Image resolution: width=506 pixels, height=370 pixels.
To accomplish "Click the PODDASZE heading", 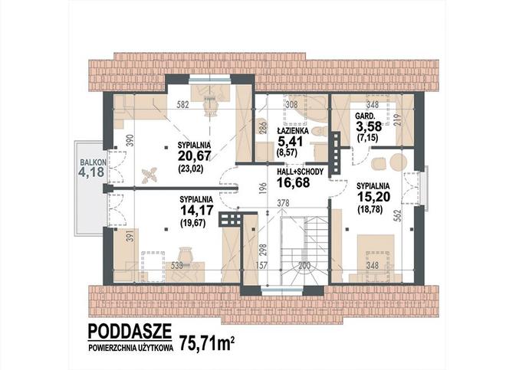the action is (130, 331).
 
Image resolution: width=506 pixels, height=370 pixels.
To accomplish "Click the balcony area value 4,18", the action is (92, 172).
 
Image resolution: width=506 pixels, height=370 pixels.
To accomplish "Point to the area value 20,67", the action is (194, 156).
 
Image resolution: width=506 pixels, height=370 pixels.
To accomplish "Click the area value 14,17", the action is (197, 211).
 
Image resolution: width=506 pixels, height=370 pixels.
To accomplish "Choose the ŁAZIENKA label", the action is (293, 131).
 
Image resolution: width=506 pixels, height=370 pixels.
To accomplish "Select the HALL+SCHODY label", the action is (300, 172).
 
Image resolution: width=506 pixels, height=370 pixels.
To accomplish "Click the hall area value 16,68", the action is (294, 182).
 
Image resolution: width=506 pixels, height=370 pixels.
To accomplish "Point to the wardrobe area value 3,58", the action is (369, 126).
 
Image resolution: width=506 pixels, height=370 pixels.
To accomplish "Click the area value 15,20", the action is (373, 196).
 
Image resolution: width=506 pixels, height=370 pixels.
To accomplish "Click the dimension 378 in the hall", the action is (283, 203).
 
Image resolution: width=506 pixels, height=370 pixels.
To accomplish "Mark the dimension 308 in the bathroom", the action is (292, 104).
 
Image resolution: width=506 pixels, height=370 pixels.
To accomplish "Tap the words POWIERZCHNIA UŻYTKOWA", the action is (130, 348).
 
